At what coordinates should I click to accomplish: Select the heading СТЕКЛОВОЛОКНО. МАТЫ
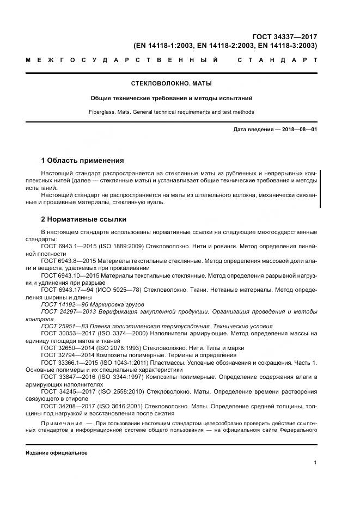pos(172,84)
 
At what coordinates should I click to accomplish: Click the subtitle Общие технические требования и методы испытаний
pos(172,99)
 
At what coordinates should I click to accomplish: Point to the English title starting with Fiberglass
pos(172,112)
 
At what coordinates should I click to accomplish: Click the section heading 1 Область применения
pos(83,161)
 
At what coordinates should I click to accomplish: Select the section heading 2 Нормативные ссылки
pos(84,219)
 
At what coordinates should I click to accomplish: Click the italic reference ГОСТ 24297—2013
pos(66,311)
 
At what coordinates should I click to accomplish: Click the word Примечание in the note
pos(61,423)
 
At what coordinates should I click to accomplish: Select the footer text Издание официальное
pos(57,453)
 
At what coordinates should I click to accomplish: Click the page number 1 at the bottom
pos(315,462)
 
